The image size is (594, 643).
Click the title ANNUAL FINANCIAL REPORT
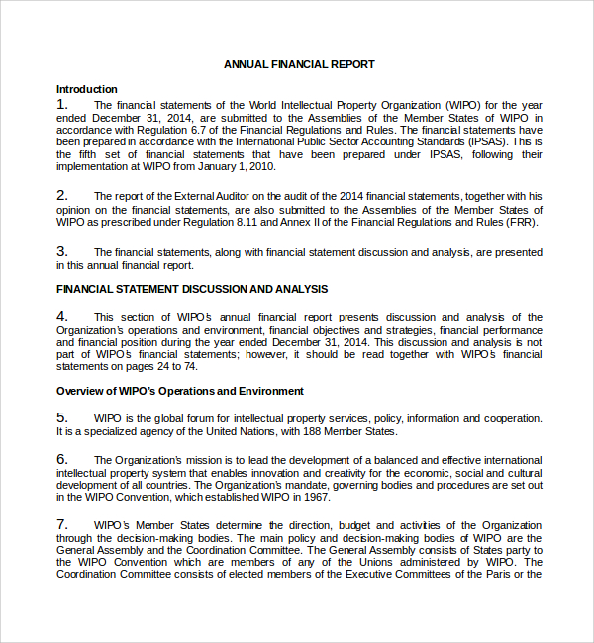point(299,64)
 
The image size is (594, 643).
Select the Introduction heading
point(87,89)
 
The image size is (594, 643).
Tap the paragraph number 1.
point(62,104)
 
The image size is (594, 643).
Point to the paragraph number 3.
point(62,252)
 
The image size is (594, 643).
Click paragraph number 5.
point(62,417)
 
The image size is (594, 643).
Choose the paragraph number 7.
point(62,524)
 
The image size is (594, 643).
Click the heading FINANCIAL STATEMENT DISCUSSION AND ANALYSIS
point(192,289)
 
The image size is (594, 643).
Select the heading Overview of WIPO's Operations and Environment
point(180,391)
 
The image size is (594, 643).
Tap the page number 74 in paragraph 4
point(178,366)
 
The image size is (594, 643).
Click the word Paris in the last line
point(502,574)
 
